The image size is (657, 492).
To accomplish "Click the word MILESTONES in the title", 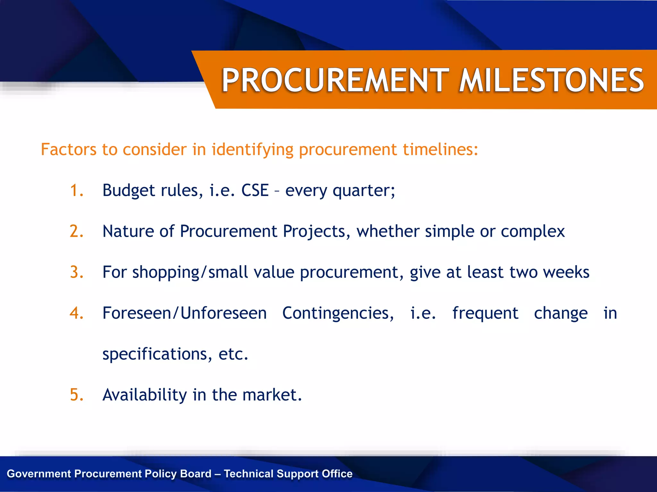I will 551,80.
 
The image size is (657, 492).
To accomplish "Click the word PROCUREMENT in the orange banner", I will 336,80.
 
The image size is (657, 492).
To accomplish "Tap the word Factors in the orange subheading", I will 69,150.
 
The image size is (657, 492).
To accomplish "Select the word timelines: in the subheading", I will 440,150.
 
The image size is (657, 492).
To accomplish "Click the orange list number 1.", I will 76,190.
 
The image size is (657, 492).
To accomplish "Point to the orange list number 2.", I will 76,231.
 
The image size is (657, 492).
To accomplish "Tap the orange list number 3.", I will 76,272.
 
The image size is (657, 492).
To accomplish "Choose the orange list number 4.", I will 76,313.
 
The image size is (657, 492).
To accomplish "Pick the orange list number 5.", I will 76,395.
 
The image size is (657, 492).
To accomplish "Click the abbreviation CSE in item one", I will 255,190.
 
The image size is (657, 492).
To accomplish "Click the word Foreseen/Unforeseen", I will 184,313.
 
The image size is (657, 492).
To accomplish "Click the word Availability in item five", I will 144,395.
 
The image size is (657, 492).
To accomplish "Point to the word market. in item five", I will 272,395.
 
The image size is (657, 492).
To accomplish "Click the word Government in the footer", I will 39,474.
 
